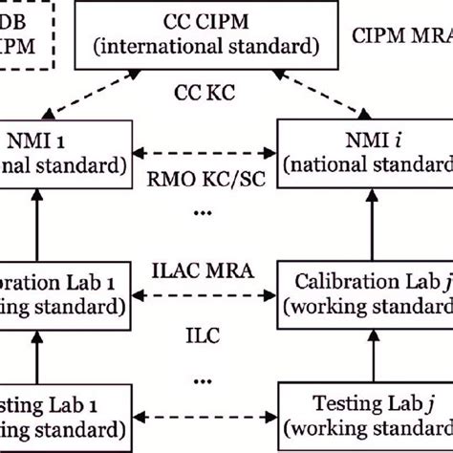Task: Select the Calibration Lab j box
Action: point(364,294)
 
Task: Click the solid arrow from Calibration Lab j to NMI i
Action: point(364,221)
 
